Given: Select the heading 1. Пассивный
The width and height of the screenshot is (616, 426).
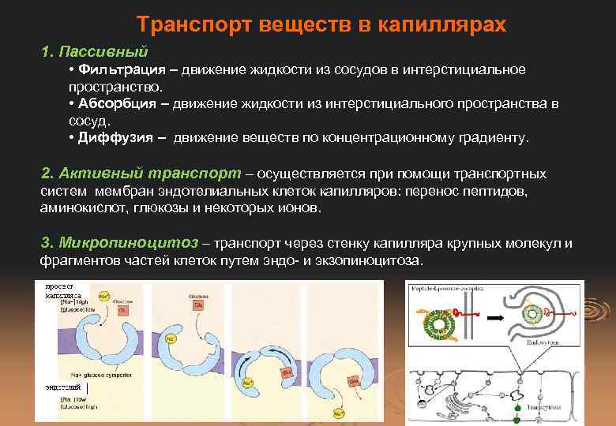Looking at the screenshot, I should tap(95, 52).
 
